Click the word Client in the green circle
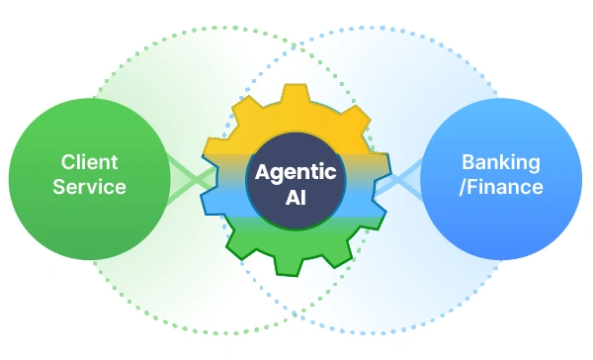click(x=90, y=162)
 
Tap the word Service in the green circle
click(x=89, y=187)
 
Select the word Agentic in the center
click(x=296, y=173)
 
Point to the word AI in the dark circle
click(x=296, y=197)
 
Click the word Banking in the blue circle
click(x=501, y=163)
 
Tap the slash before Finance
click(x=463, y=187)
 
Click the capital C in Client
click(x=68, y=162)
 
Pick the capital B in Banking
click(x=468, y=162)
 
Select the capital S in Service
click(x=59, y=187)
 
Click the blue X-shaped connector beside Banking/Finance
click(x=398, y=180)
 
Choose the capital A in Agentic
click(x=263, y=172)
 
